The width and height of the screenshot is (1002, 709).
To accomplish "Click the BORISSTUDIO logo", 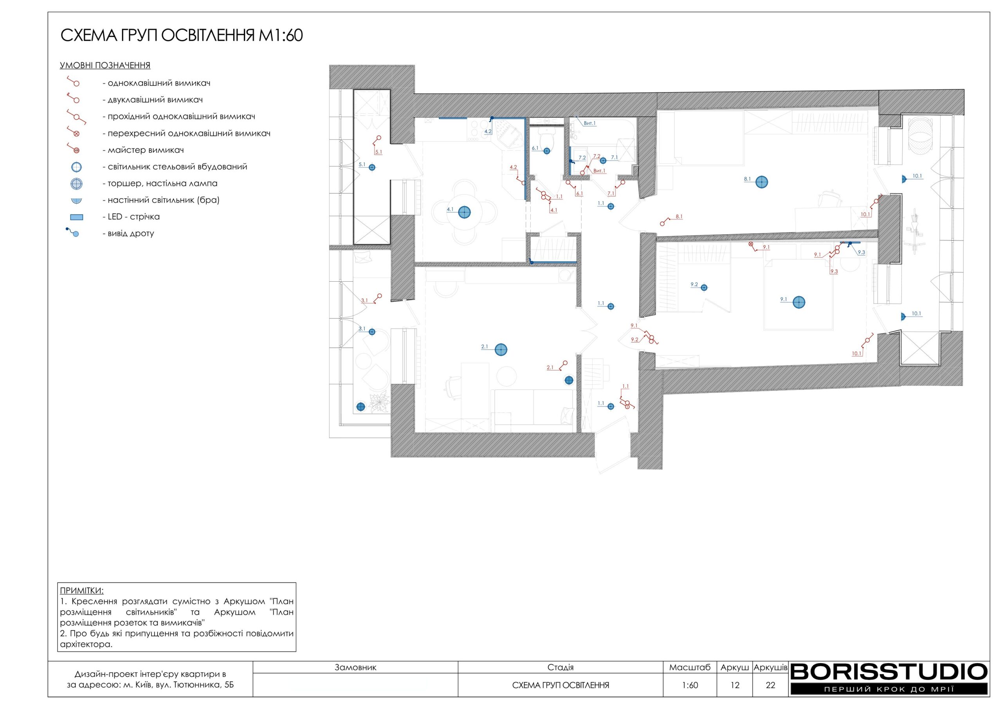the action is (888, 678).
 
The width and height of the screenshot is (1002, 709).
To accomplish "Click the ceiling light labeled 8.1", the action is (762, 182).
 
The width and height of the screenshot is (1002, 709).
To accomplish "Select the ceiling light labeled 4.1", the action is (464, 212).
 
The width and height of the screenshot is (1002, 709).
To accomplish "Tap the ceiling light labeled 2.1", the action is (501, 349).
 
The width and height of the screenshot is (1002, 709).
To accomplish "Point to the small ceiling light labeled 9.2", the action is (704, 288).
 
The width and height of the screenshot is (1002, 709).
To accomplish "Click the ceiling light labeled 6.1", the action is (547, 151).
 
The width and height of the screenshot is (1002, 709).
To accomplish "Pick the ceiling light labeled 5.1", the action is (372, 167).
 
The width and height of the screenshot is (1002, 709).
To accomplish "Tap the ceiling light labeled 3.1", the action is (372, 332).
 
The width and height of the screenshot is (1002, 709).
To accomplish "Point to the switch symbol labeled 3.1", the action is (377, 298).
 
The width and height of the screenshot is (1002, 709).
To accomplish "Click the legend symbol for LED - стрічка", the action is (76, 217).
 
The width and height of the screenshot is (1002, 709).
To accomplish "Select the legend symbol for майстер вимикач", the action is (73, 148).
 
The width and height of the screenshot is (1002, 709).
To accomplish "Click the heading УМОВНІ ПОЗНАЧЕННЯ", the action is (105, 65).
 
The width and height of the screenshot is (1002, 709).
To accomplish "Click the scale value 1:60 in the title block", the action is (690, 685).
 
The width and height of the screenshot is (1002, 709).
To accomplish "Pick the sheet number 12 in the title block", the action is (735, 685).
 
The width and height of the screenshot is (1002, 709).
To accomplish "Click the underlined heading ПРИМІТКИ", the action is (82, 591).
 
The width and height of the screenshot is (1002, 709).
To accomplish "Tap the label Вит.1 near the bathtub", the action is (589, 124).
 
